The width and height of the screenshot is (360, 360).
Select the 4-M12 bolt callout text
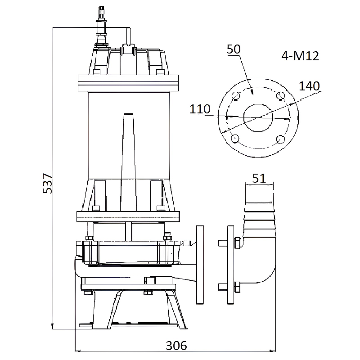300,56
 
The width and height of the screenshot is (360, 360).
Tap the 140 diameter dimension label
309,86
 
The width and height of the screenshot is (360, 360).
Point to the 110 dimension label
200,109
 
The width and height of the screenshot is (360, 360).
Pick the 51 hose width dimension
259,178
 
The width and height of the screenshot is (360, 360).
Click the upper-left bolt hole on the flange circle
235,96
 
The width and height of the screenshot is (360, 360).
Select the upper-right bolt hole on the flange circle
280,96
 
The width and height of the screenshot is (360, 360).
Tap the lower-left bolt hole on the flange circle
235,139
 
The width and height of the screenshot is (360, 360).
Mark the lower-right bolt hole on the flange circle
280,139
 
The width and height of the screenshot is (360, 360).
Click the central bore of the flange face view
258,118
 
